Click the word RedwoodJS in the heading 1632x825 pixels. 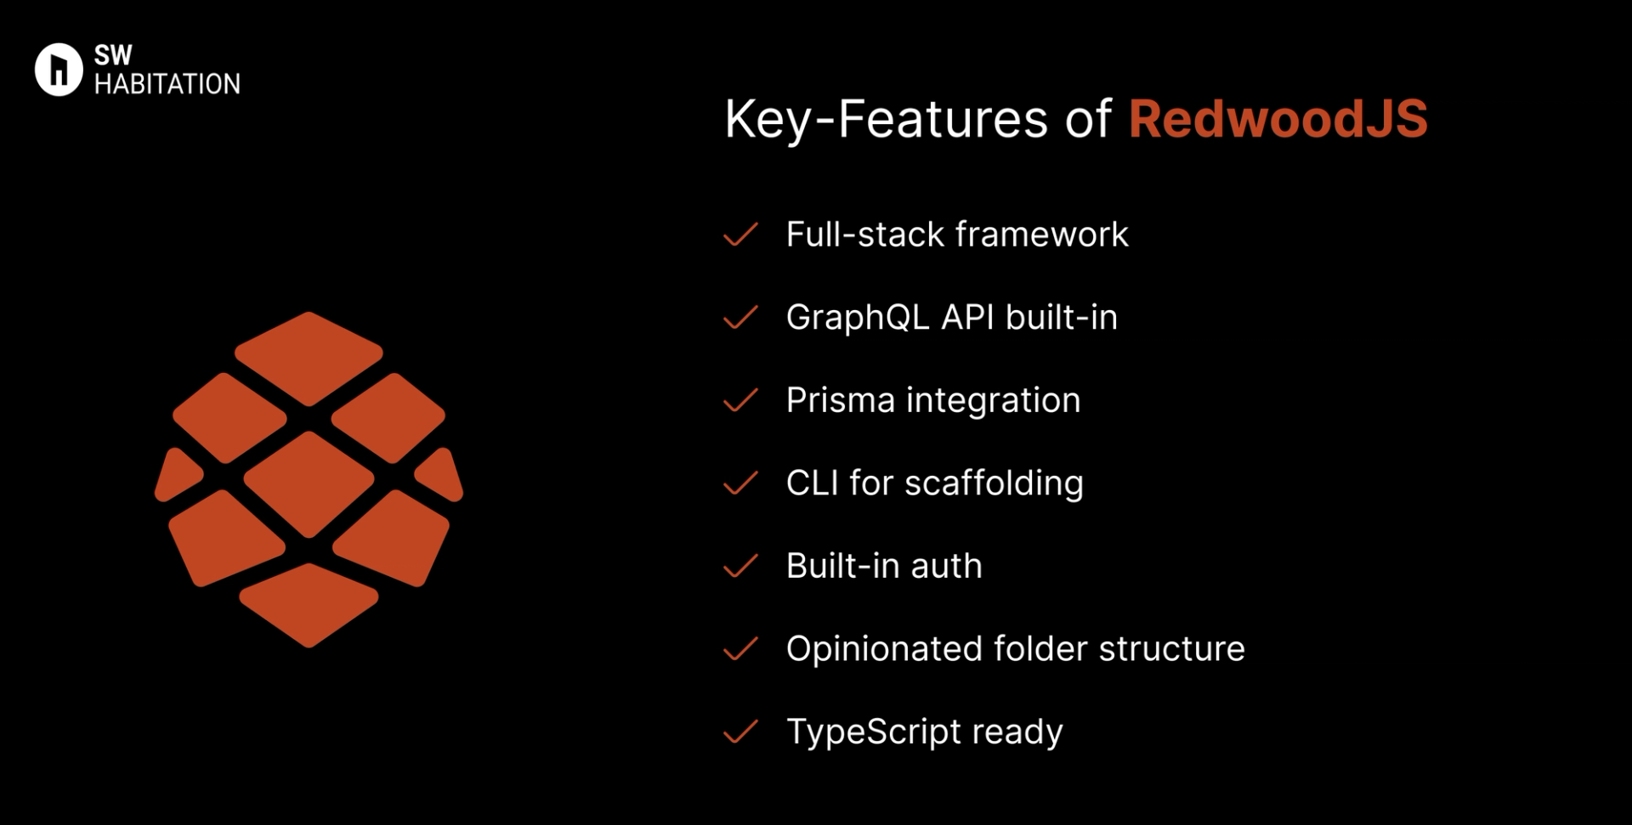1278,119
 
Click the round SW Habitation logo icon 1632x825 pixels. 59,70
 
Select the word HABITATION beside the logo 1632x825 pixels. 167,84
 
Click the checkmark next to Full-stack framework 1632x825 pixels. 740,235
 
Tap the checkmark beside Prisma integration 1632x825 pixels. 740,400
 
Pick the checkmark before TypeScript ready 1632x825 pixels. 740,732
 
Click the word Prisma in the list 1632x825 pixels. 840,400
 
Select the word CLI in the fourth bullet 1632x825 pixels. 812,483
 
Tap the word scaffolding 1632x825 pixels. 994,483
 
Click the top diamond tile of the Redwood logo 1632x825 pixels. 309,357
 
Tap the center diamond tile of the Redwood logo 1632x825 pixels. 309,483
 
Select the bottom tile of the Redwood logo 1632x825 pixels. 309,603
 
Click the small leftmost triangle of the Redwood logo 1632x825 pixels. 176,476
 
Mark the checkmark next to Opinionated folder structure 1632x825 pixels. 740,649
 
